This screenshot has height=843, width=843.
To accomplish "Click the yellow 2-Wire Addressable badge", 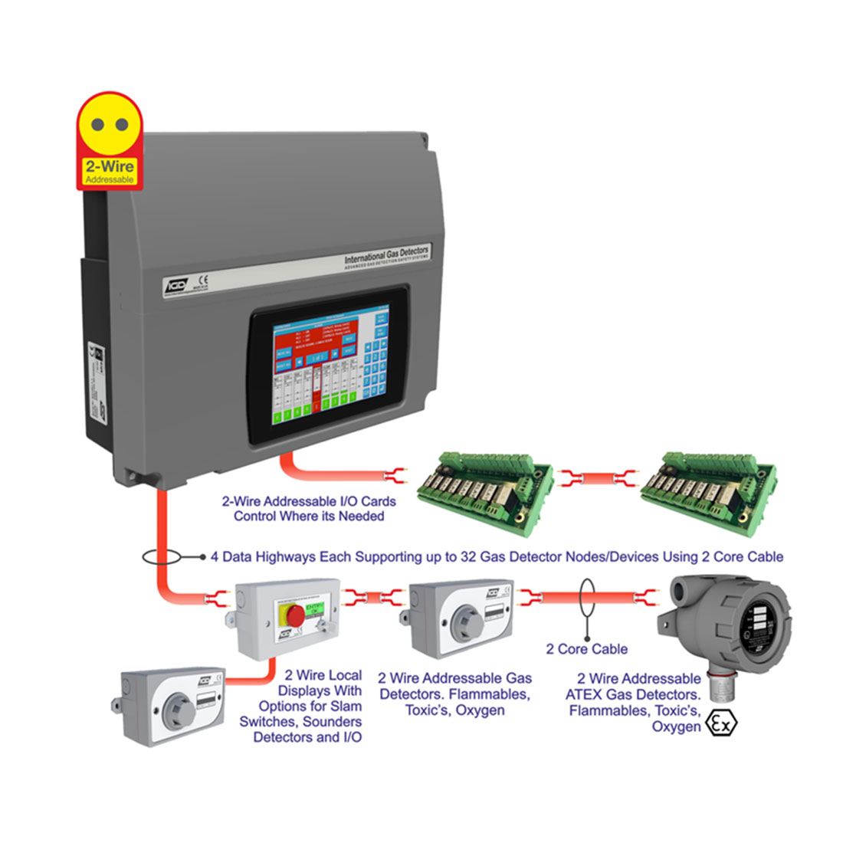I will point(109,142).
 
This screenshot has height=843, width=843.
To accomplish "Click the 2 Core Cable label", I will point(586,649).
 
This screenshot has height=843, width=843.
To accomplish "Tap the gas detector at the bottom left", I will point(173,705).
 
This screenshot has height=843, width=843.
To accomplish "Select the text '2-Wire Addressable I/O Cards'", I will point(309,501).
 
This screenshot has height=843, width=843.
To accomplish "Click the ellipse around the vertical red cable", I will point(162,557).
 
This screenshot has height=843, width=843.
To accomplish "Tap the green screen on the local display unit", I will point(316,611).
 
